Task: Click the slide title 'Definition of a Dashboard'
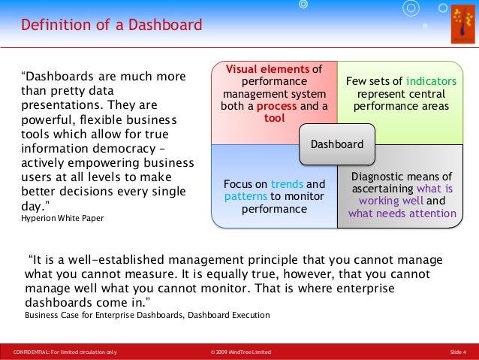tap(112, 25)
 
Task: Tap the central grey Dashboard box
tap(337, 144)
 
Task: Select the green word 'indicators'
tap(431, 81)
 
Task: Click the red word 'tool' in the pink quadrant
tap(274, 118)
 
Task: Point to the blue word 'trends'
tap(287, 184)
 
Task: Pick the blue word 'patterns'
tap(246, 196)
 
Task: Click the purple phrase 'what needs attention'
tap(402, 213)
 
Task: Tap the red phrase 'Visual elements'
tap(267, 69)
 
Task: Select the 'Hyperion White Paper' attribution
tap(62, 218)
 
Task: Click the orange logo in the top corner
tap(462, 24)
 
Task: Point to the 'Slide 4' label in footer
tap(458, 352)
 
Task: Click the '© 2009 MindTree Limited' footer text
tap(241, 352)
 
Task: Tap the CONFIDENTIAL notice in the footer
tap(65, 352)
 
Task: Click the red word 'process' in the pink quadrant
tap(276, 106)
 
